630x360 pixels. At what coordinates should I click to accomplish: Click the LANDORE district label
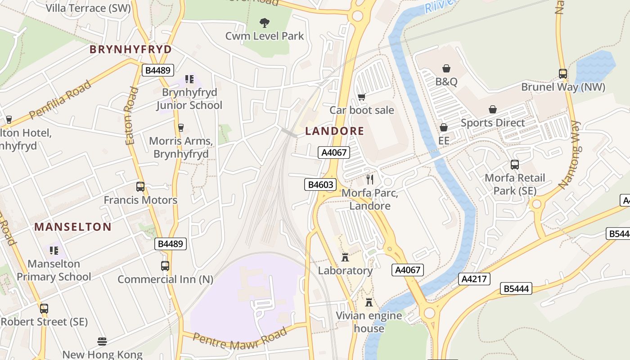point(334,131)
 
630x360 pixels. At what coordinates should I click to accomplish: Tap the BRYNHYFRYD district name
point(130,49)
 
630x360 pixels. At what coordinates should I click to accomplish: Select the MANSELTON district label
point(73,227)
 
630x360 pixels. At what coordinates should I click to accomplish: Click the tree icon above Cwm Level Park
point(265,22)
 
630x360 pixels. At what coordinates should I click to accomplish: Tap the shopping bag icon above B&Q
point(446,68)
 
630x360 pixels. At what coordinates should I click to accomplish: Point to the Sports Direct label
point(493,123)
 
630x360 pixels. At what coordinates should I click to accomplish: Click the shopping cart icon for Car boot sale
point(361,97)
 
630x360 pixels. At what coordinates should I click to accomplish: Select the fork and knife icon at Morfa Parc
point(370,180)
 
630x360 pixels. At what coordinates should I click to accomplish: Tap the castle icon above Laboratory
point(345,257)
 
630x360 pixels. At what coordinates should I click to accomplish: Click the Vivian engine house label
point(369,322)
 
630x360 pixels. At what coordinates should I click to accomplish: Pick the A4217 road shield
point(474,279)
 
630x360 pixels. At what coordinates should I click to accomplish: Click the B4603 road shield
point(320,184)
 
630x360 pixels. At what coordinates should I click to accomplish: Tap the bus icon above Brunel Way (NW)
point(562,73)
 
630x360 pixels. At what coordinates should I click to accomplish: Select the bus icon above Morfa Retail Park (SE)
point(514,165)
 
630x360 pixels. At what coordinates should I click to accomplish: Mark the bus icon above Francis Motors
point(140,187)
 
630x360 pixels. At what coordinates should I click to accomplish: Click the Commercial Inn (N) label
point(165,279)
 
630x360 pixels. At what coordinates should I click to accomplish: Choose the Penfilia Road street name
point(60,100)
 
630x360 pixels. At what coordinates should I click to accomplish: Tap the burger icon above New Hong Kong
point(102,341)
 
